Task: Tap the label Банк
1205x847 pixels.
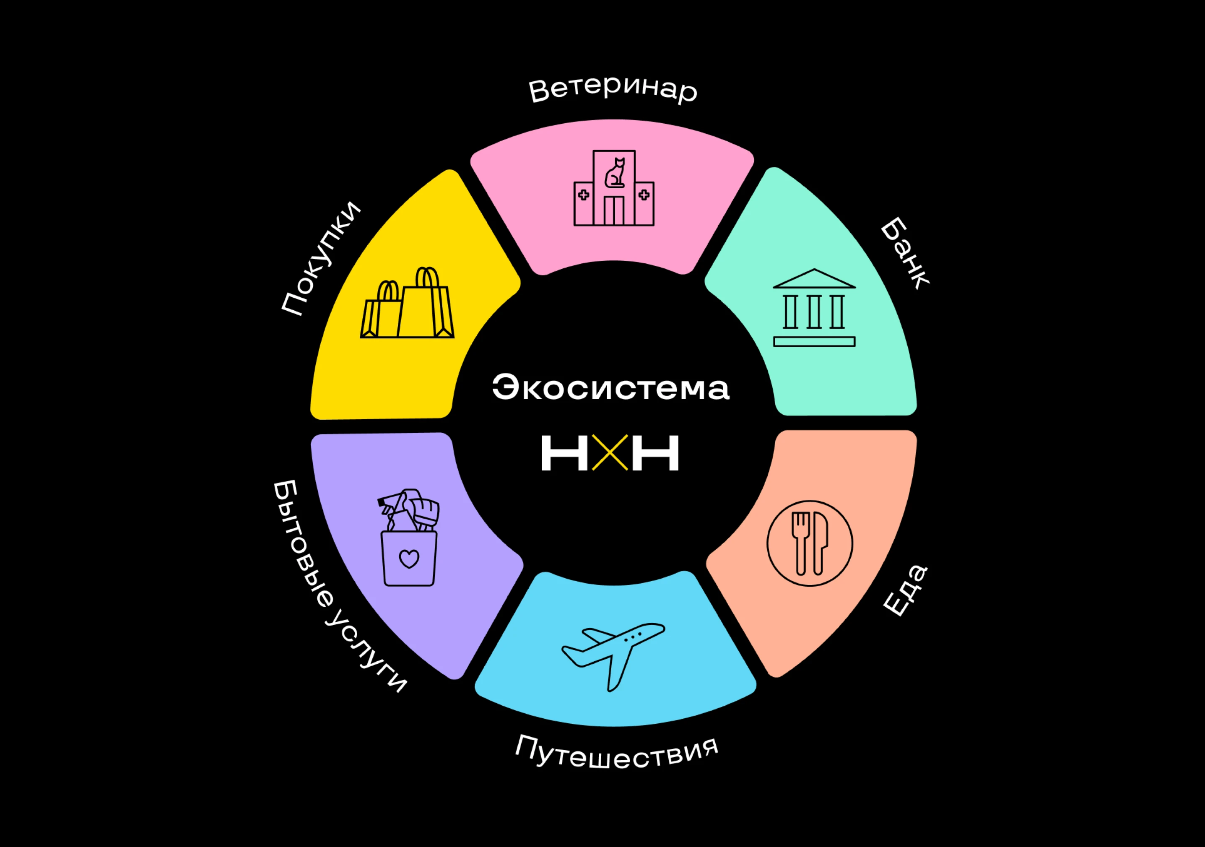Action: coord(904,253)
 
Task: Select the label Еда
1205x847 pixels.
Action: coord(905,591)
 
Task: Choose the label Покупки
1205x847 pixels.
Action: coord(321,259)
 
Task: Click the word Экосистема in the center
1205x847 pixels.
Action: coord(610,388)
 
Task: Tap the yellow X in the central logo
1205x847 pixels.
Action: coord(610,452)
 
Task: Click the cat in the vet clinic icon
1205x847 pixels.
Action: coord(615,173)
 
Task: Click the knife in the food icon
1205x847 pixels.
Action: coord(820,543)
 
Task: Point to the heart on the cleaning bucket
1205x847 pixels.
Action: coord(409,559)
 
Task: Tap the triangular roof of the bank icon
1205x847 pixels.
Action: coord(814,279)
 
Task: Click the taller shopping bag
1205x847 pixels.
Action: coord(426,309)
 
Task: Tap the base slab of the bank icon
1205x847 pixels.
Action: coord(814,342)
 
